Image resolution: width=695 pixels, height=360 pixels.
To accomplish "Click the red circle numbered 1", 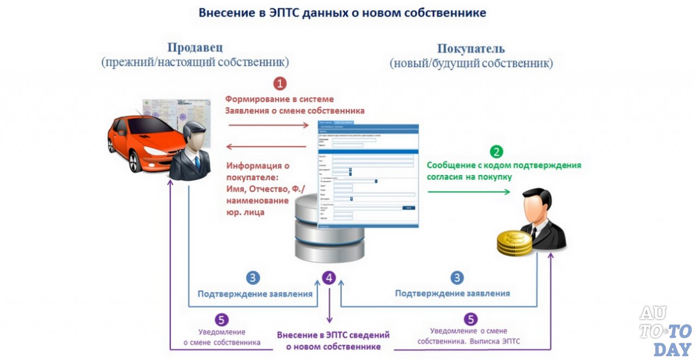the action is (x=280, y=84).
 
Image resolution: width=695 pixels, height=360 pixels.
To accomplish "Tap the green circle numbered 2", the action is (x=496, y=151).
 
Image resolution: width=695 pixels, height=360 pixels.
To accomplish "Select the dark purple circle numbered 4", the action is (x=328, y=278).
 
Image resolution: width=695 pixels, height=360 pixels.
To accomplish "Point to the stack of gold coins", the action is (x=514, y=243).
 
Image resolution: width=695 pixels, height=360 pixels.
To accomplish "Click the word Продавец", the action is (x=194, y=48).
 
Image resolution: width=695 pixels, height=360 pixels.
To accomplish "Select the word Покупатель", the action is (x=471, y=49).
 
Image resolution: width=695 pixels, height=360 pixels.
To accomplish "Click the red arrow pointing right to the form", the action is (x=268, y=125).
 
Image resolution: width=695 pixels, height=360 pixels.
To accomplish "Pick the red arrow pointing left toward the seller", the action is (x=266, y=146).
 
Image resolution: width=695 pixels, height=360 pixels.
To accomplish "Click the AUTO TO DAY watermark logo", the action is (x=665, y=331).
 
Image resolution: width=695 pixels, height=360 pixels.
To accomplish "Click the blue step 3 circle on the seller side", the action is (x=253, y=278).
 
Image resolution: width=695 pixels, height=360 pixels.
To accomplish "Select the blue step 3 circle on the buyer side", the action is (x=457, y=278).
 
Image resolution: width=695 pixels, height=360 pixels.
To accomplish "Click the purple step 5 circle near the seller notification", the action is (x=221, y=319).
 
